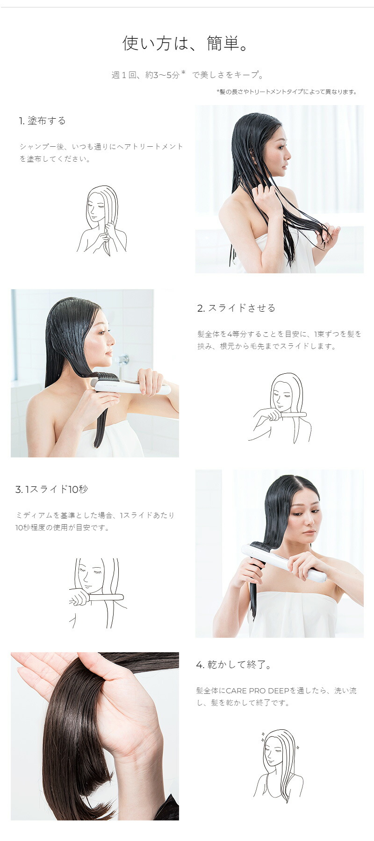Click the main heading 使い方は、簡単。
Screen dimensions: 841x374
[x=187, y=43]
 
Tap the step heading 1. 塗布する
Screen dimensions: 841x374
[x=43, y=121]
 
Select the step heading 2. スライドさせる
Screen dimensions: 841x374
[x=236, y=308]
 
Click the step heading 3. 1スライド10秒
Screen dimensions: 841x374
[x=52, y=489]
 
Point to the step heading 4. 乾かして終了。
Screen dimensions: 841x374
[x=234, y=664]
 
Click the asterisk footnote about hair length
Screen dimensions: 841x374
[x=288, y=92]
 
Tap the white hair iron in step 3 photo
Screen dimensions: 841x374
[x=285, y=564]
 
